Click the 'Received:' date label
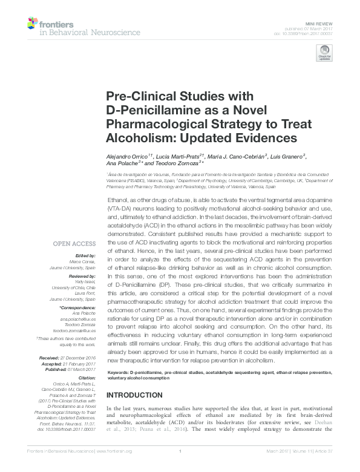point(50,358)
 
